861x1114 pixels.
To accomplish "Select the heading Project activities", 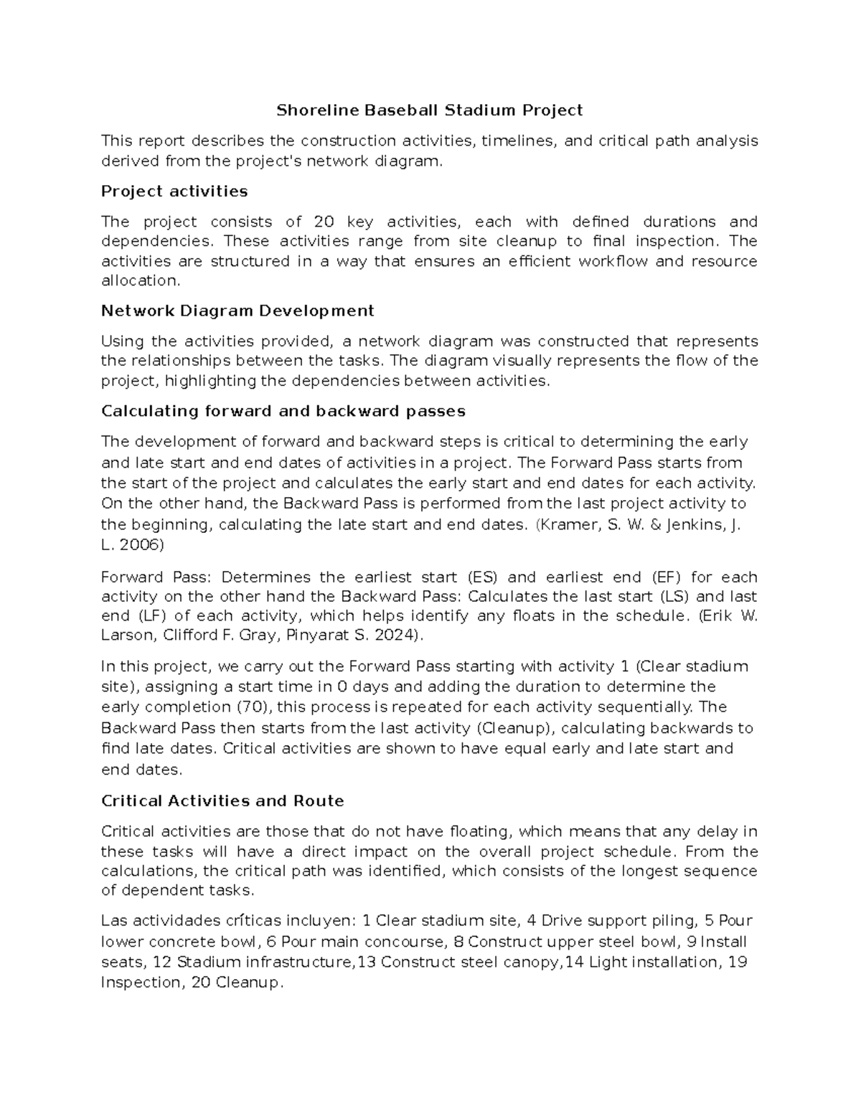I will click(174, 192).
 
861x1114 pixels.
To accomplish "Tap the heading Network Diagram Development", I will click(237, 311).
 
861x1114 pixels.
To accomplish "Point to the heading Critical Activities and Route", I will click(222, 801).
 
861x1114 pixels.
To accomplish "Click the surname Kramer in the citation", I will click(568, 524).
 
